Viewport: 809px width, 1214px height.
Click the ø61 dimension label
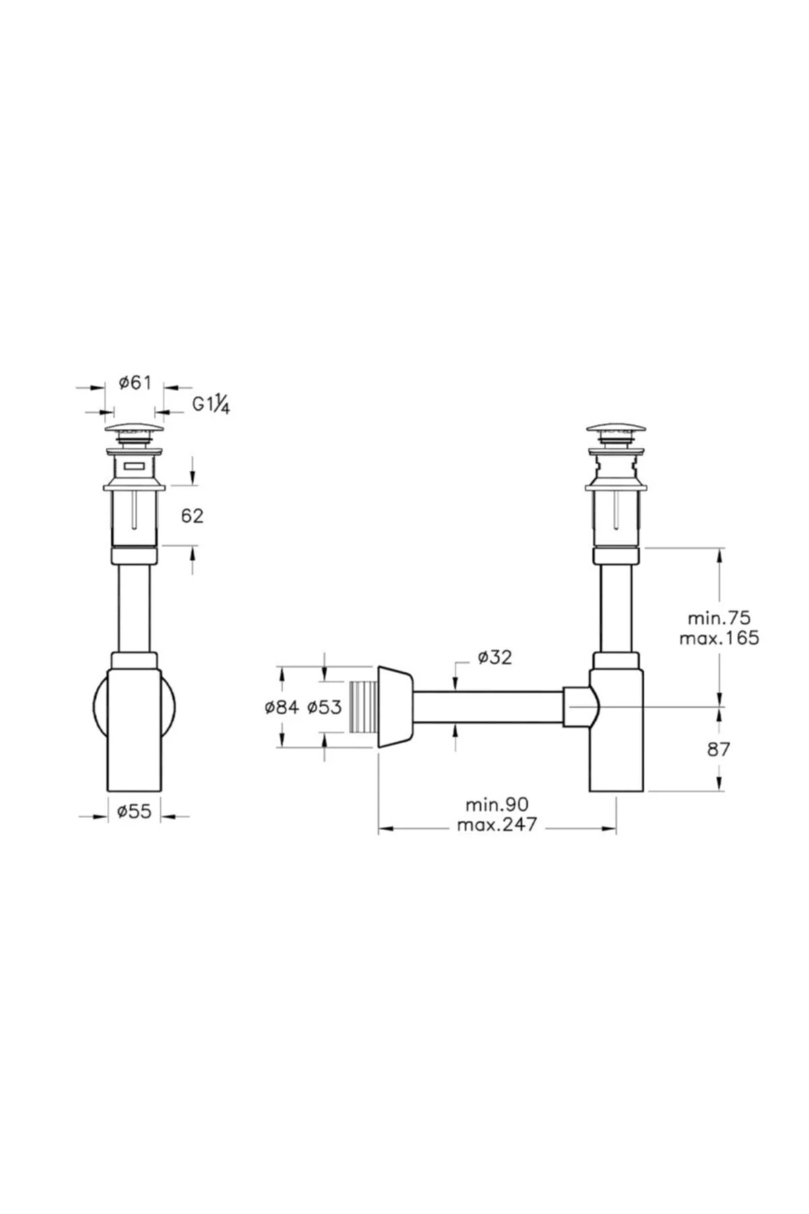point(135,383)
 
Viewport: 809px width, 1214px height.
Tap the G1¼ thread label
point(211,405)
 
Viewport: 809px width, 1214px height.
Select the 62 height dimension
point(192,516)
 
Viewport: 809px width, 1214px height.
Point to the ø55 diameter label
point(134,812)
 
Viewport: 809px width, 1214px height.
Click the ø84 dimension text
point(282,707)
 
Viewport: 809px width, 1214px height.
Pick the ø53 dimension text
point(324,707)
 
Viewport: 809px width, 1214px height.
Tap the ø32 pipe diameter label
point(495,657)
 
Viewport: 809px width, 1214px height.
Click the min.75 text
point(719,618)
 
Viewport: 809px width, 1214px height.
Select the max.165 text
point(719,637)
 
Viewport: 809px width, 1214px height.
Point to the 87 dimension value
point(719,749)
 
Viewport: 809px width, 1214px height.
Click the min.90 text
point(497,804)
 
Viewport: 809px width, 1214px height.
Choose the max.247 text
point(497,824)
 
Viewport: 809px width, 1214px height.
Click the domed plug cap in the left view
point(135,429)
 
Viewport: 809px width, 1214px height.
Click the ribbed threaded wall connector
point(363,707)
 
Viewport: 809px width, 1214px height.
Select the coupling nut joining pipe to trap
point(578,707)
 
